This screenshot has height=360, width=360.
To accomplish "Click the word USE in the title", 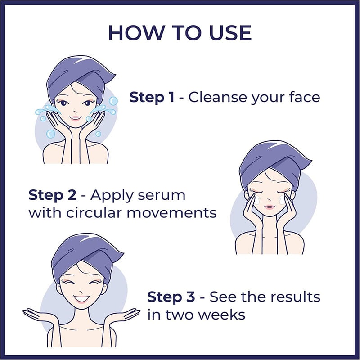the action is point(230,33).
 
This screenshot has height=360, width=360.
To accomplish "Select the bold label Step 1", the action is point(152,97).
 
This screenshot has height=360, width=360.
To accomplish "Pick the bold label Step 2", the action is point(52,195).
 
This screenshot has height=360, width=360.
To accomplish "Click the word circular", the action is point(94,213).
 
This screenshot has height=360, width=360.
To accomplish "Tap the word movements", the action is point(171,213).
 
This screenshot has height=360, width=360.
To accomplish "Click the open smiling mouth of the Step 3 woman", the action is point(81,300).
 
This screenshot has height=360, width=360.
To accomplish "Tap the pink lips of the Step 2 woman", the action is point(269,207).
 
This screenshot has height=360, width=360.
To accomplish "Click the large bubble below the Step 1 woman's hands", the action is point(50,134).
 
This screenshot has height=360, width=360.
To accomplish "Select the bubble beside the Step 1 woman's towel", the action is point(113,101).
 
